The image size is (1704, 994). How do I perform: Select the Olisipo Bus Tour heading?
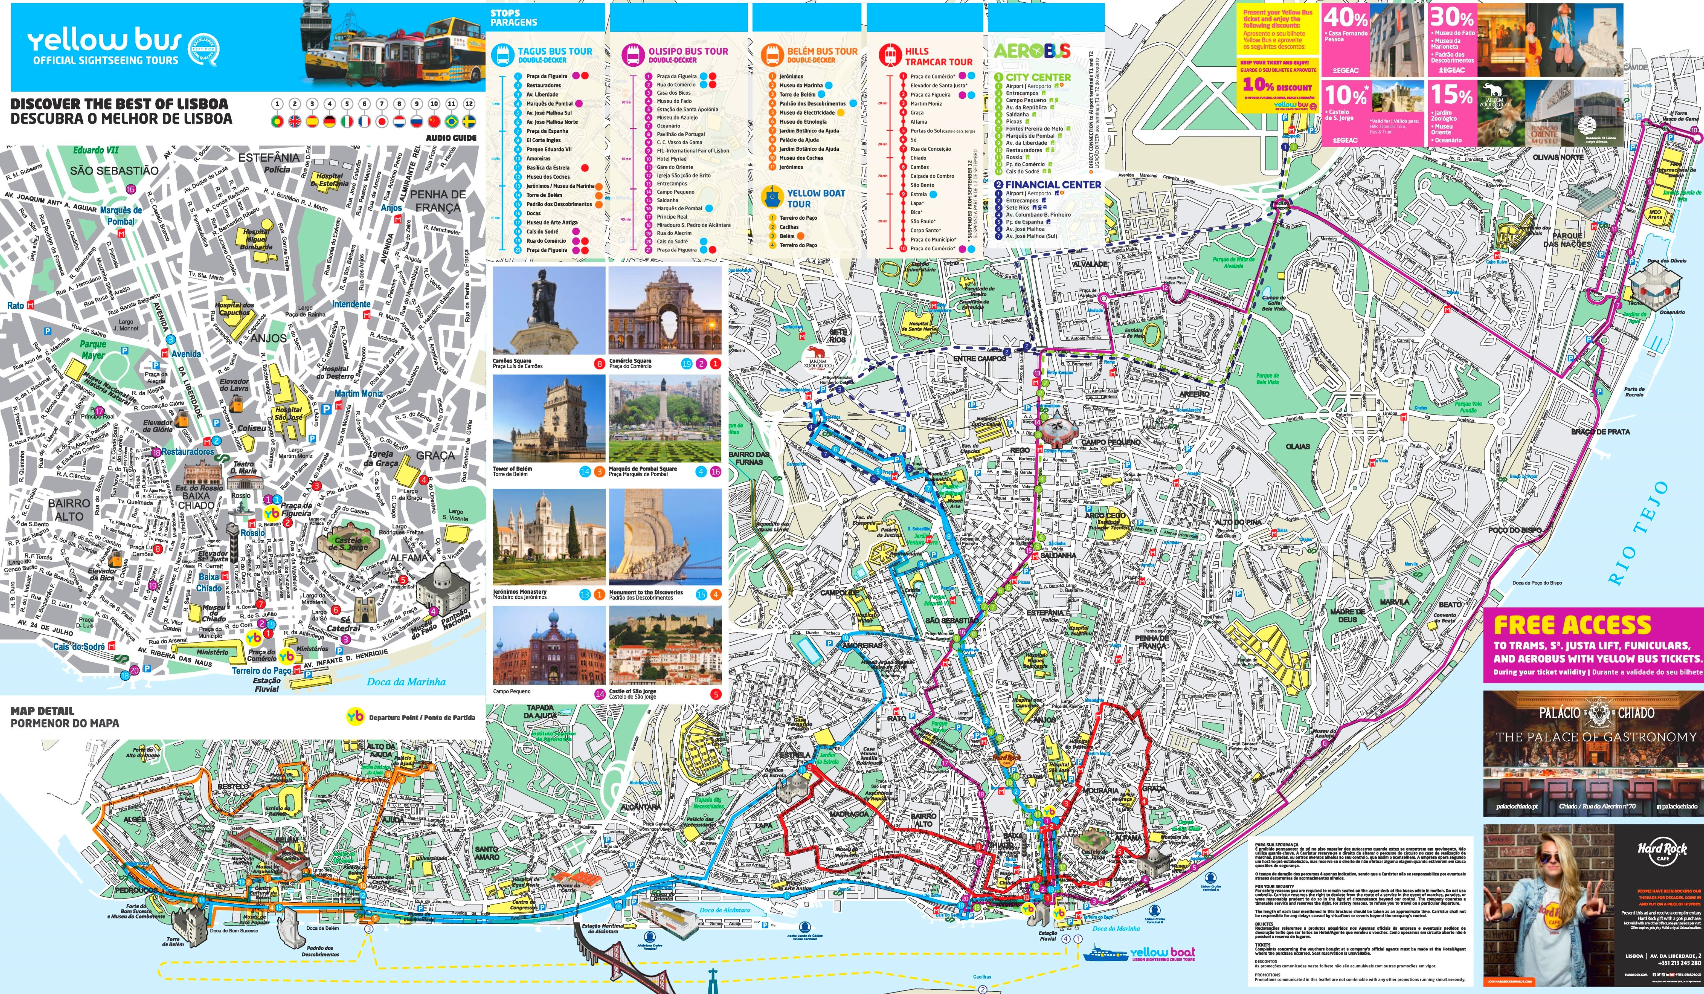(x=688, y=52)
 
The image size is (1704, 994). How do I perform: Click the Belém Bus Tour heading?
(x=822, y=52)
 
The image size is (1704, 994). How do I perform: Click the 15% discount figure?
(x=1451, y=95)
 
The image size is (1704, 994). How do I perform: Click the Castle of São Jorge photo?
(x=665, y=645)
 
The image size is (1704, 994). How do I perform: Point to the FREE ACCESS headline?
(x=1572, y=625)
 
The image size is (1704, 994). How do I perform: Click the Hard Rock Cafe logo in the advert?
(x=1661, y=851)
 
